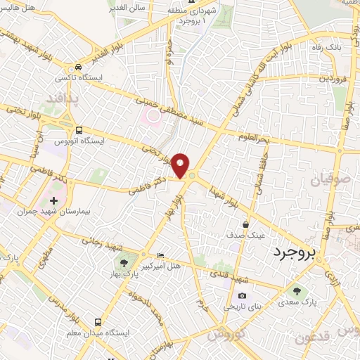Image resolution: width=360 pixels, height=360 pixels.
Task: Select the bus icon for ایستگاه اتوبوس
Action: click(78, 130)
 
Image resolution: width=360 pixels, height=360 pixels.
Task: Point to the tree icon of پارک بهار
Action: click(124, 264)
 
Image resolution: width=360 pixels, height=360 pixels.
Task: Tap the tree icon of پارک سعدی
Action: click(297, 290)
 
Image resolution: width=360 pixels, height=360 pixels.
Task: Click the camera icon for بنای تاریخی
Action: click(243, 296)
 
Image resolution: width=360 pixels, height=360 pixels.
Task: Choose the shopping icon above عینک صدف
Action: click(245, 224)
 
